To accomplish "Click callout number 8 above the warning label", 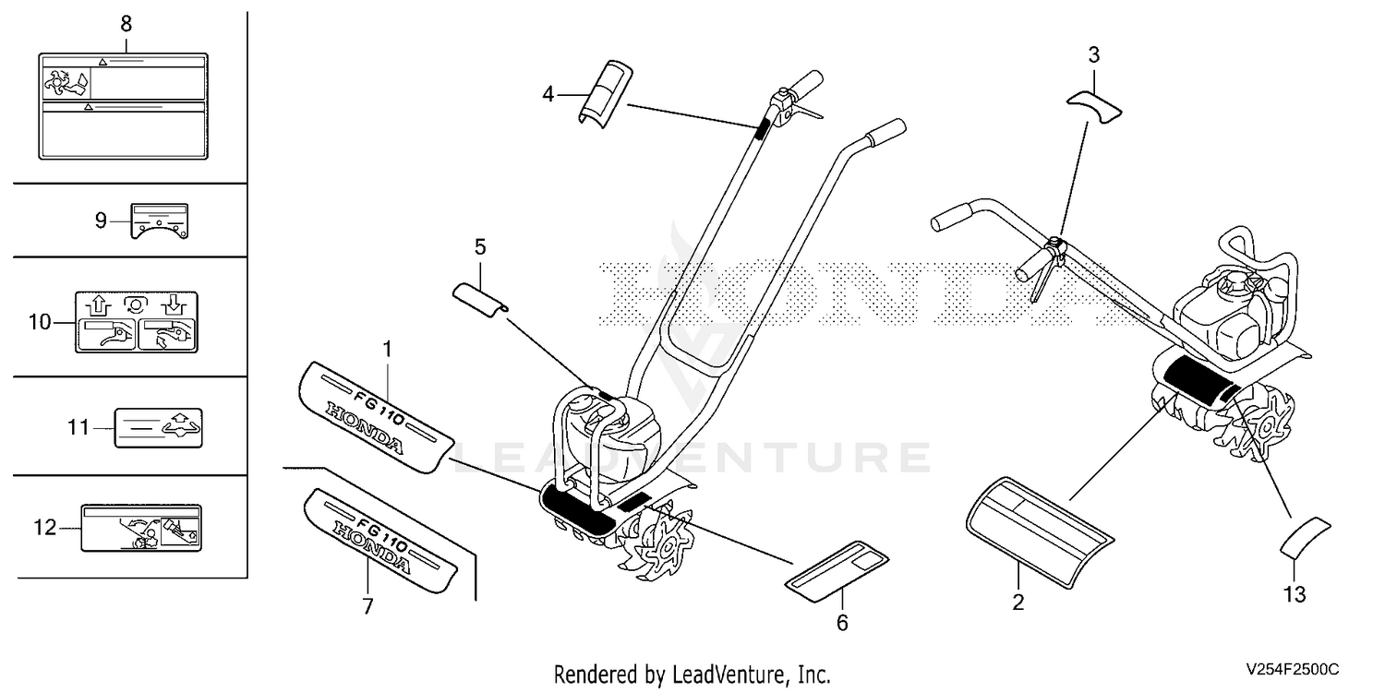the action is pyautogui.click(x=126, y=24).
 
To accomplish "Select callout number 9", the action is pyautogui.click(x=101, y=221).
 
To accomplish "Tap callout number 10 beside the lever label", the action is pyautogui.click(x=40, y=322).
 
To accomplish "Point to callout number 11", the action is pyautogui.click(x=78, y=427).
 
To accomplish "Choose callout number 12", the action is pyautogui.click(x=44, y=528).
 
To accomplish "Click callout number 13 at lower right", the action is pyautogui.click(x=1295, y=594).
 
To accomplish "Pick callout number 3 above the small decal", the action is pyautogui.click(x=1094, y=55).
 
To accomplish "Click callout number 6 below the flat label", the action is pyautogui.click(x=842, y=623).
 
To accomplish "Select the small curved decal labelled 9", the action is pyautogui.click(x=160, y=221).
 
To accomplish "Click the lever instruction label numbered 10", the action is pyautogui.click(x=137, y=323).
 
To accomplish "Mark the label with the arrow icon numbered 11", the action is pyautogui.click(x=158, y=427).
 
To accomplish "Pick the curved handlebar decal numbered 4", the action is pyautogui.click(x=606, y=94).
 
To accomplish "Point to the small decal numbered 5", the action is pyautogui.click(x=480, y=299).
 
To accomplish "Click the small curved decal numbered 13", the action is pyautogui.click(x=1305, y=537).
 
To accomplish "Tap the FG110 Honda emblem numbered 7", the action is pyautogui.click(x=380, y=541).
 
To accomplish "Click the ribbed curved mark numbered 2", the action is pyautogui.click(x=1040, y=532).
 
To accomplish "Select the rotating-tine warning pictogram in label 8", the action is pyautogui.click(x=66, y=83).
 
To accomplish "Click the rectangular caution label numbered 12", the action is pyautogui.click(x=141, y=529).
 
